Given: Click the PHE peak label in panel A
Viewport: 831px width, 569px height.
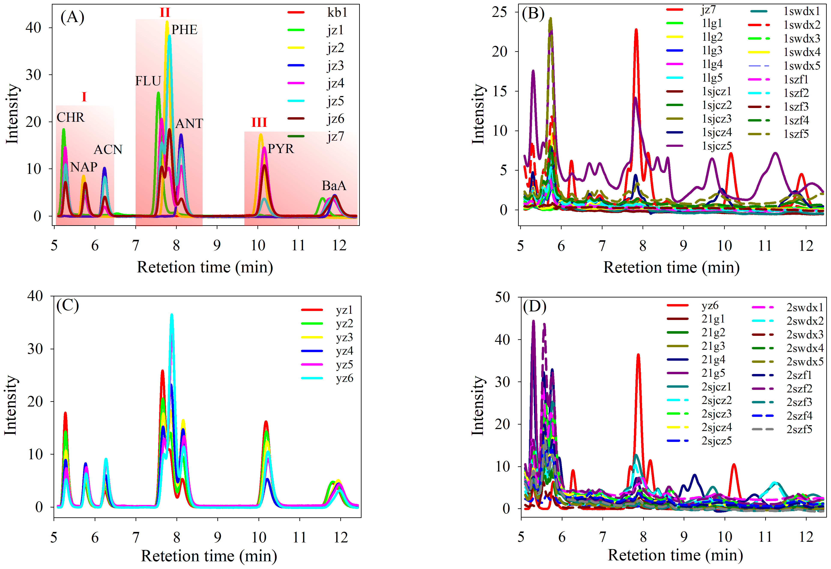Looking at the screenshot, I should coord(184,30).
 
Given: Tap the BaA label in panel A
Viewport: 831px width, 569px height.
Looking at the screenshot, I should coord(334,186).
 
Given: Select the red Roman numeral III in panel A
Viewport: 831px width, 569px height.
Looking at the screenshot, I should coord(259,123).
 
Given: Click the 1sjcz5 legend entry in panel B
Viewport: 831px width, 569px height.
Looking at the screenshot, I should coord(717,146).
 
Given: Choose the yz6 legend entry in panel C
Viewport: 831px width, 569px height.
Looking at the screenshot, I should coord(344,378).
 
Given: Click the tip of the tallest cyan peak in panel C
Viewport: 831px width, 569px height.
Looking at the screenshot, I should coord(172,315).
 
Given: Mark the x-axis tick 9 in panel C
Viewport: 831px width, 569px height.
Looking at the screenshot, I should coord(217,537).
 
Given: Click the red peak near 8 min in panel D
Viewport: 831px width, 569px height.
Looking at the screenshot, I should coord(638,355).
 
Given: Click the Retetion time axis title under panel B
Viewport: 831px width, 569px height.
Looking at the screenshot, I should coord(671,267).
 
